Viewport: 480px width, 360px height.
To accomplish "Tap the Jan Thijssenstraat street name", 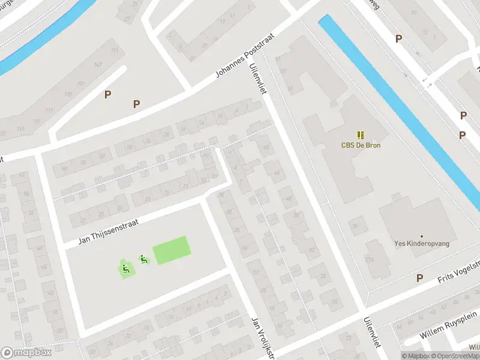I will coord(109,232).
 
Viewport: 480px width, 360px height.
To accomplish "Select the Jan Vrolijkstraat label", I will coord(262,339).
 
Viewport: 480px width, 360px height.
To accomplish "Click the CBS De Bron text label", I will coord(361,145).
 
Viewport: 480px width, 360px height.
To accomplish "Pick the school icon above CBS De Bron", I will coord(361,135).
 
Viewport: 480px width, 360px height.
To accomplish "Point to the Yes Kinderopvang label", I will coord(422,244).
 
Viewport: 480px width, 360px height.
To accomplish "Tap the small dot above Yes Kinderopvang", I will coord(422,236).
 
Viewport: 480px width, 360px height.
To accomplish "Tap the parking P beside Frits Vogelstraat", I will coord(419,278).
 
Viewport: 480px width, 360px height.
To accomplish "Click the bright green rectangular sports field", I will coord(172,250).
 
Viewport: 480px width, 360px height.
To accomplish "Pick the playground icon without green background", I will coord(143,259).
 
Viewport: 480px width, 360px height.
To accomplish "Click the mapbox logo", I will coord(26,353).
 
